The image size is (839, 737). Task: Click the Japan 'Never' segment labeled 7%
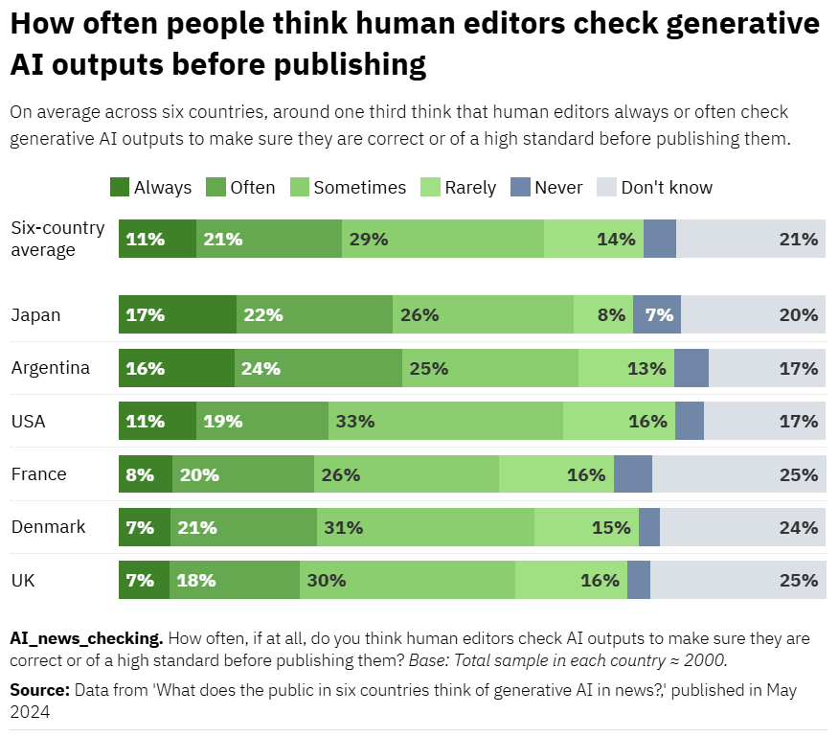pyautogui.click(x=657, y=314)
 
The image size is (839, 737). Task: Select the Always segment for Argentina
pyautogui.click(x=176, y=368)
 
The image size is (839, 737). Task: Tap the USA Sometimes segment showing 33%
pyautogui.click(x=445, y=421)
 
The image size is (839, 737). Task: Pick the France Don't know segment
pyautogui.click(x=738, y=474)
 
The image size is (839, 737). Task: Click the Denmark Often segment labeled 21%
pyautogui.click(x=243, y=527)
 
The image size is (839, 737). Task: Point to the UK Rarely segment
pyautogui.click(x=571, y=580)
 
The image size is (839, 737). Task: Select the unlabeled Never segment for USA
pyautogui.click(x=690, y=421)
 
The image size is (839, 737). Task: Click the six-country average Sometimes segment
pyautogui.click(x=442, y=239)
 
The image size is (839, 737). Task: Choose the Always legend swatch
pyautogui.click(x=120, y=187)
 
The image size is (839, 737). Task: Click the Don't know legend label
pyautogui.click(x=667, y=188)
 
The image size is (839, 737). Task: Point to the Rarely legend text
pyautogui.click(x=470, y=188)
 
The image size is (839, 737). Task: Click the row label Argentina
pyautogui.click(x=50, y=368)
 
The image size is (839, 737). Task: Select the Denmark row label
pyautogui.click(x=48, y=527)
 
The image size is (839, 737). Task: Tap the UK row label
pyautogui.click(x=23, y=580)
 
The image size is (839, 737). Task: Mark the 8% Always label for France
pyautogui.click(x=139, y=474)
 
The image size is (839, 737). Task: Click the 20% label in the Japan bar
pyautogui.click(x=798, y=314)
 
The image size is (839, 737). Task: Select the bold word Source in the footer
pyautogui.click(x=39, y=690)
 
